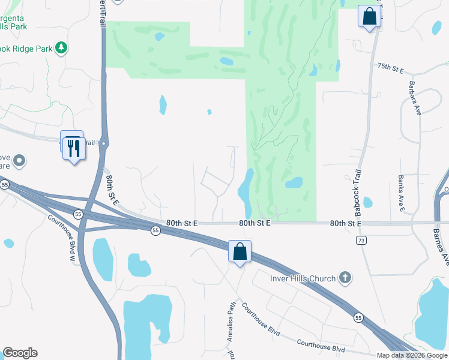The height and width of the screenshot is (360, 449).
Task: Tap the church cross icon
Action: point(345,277)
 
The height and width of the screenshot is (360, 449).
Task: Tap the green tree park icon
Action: point(61,47)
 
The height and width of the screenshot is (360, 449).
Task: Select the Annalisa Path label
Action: point(231,321)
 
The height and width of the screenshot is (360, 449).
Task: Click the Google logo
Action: point(20,353)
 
